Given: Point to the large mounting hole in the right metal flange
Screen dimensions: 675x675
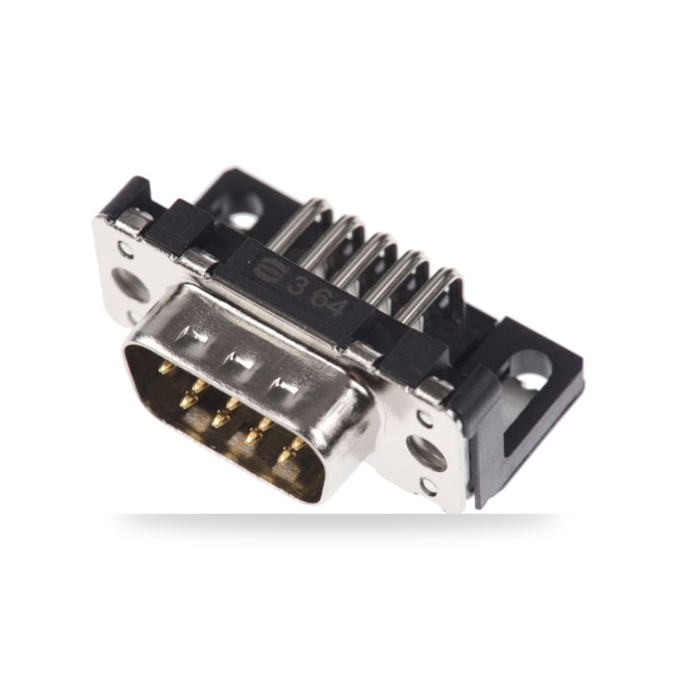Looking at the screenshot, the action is tap(426, 453).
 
